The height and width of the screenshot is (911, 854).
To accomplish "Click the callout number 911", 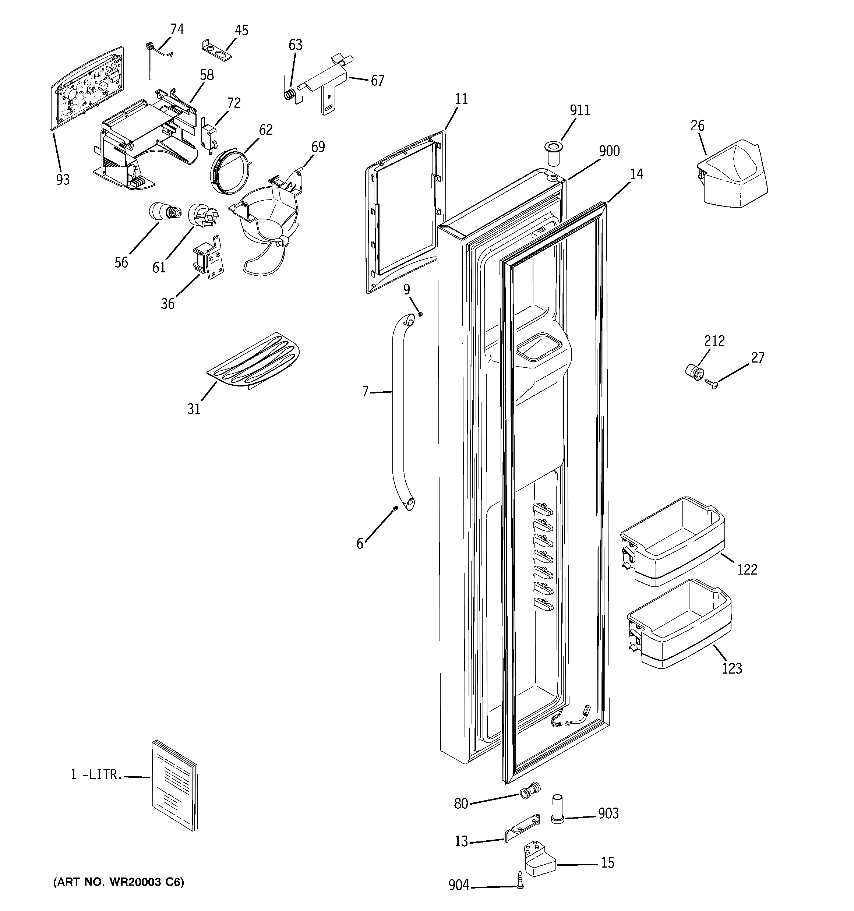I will point(580,110).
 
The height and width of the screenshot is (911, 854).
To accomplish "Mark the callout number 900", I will point(609,152).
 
